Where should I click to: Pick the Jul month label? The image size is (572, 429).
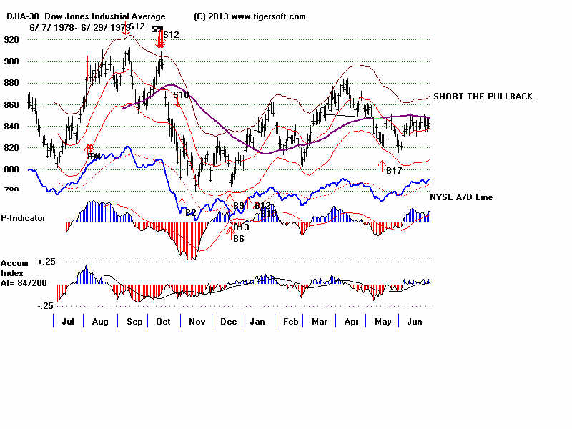pos(69,322)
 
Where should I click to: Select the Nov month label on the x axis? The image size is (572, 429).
pos(197,322)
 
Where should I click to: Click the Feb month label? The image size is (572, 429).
pos(290,322)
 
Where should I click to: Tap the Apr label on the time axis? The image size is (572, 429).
pos(351,322)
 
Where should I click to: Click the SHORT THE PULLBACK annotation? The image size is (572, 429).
pos(483,97)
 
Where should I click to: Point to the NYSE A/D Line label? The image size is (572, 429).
pos(461,197)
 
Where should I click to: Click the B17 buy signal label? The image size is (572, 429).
pos(394,170)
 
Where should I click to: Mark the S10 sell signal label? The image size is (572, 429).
pos(181,94)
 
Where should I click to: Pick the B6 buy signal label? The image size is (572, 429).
pos(239,238)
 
